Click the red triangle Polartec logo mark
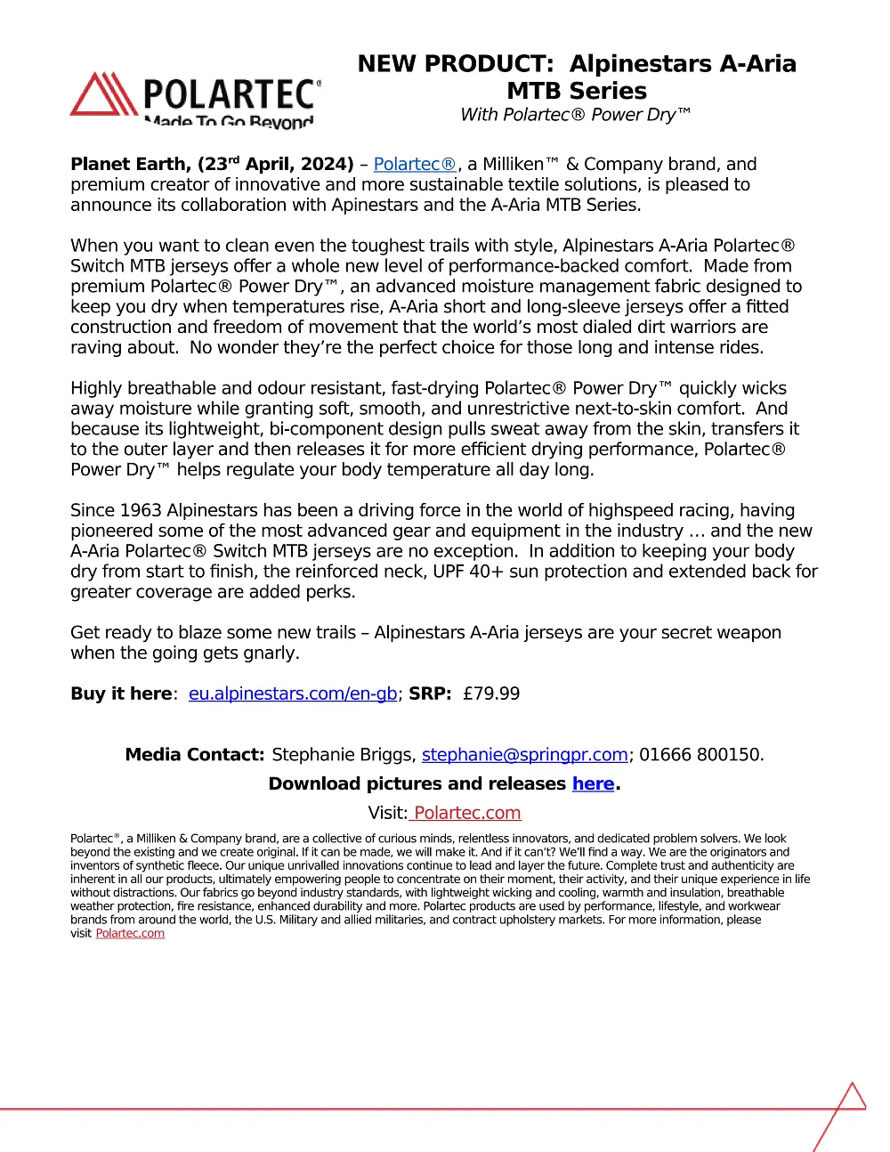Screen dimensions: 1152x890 (104, 94)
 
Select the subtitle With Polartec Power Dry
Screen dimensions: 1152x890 (575, 115)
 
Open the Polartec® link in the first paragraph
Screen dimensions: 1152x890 (415, 165)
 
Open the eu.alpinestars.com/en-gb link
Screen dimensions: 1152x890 (293, 694)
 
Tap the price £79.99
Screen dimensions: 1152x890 (491, 694)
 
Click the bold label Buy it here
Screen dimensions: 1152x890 (121, 694)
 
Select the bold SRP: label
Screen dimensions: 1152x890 (431, 694)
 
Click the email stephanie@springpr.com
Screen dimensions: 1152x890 (525, 755)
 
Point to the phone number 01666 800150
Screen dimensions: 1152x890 (700, 755)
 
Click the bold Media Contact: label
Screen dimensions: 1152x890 (195, 755)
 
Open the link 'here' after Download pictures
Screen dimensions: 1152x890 (593, 784)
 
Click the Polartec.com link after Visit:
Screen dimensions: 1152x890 (466, 813)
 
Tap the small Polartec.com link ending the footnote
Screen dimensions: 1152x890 (130, 934)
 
